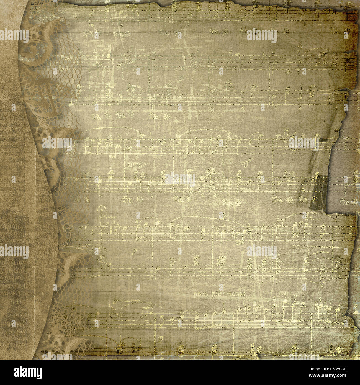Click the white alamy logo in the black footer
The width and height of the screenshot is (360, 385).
pyautogui.click(x=28, y=373)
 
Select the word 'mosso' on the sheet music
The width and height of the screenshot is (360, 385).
pyautogui.click(x=234, y=294)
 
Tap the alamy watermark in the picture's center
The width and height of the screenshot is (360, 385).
pyautogui.click(x=180, y=179)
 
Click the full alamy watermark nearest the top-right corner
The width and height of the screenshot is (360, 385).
pyautogui.click(x=261, y=35)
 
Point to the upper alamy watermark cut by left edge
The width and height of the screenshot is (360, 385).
pyautogui.click(x=14, y=35)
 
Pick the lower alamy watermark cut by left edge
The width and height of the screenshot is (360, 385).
pyautogui.click(x=14, y=251)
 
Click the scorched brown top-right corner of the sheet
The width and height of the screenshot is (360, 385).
pyautogui.click(x=350, y=17)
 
